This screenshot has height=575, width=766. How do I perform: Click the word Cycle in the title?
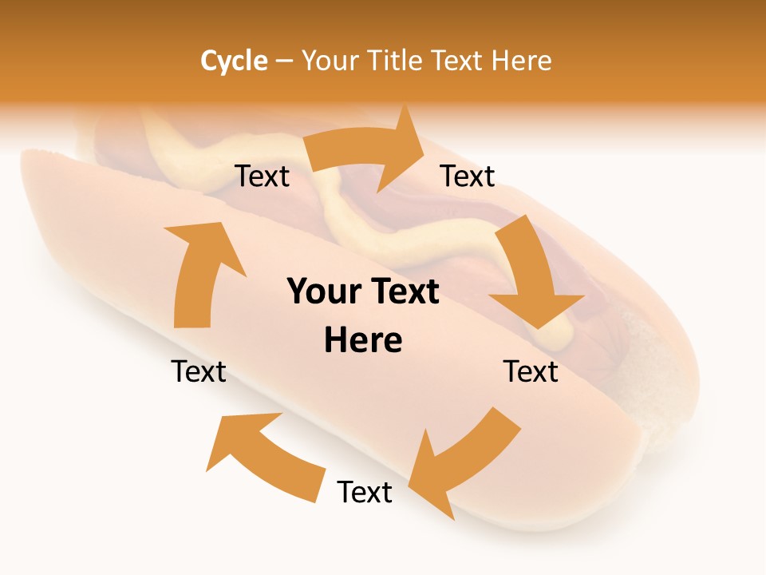[234, 61]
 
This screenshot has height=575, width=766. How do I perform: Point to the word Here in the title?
[523, 61]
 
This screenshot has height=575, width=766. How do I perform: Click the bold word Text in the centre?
[403, 292]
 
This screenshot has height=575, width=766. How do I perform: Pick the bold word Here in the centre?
[363, 341]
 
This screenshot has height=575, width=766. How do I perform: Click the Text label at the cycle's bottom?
[365, 493]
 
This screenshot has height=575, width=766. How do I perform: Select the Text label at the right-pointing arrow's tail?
[262, 176]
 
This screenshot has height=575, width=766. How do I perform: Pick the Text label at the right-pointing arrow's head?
[468, 176]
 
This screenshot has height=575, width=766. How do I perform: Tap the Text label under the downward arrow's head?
[531, 371]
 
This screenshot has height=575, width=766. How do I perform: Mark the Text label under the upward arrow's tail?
[199, 371]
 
